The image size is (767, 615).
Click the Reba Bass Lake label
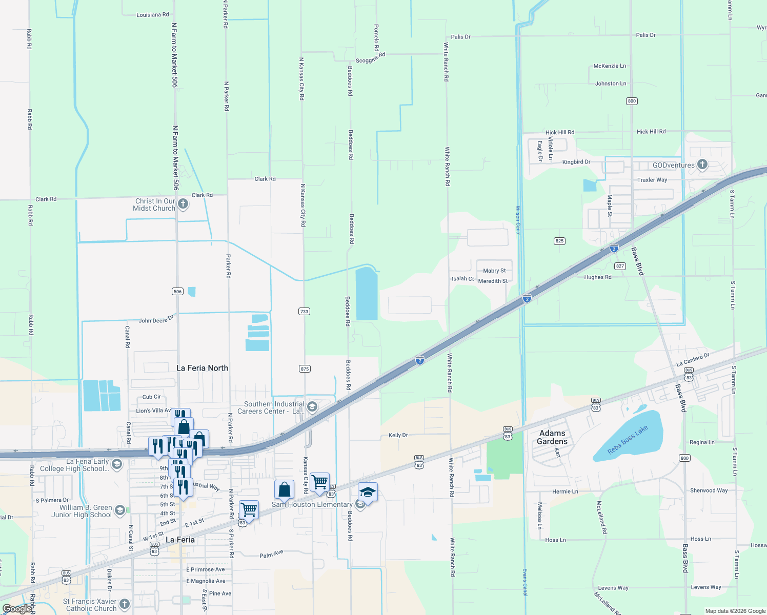[x=628, y=440]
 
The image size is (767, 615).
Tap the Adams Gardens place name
[x=552, y=437]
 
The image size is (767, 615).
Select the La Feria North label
[x=202, y=368]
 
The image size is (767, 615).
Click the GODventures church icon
[x=702, y=165]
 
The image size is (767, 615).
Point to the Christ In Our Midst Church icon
[x=183, y=204]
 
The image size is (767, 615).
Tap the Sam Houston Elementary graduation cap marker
[x=368, y=493]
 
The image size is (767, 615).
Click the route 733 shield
[x=304, y=311]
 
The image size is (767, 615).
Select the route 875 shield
[x=305, y=368]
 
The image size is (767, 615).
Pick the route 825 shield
[x=559, y=240]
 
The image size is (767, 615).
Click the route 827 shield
[x=620, y=266]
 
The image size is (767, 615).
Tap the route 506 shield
[x=177, y=291]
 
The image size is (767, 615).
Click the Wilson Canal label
[x=518, y=220]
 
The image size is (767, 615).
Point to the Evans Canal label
[x=524, y=582]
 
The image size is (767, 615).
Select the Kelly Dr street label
[x=398, y=435]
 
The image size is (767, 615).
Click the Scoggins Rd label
[x=370, y=58]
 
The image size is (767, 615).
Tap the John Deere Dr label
[x=156, y=320]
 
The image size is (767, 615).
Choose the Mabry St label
[x=494, y=271]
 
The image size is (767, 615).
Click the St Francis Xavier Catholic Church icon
[x=125, y=604]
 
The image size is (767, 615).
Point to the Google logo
[x=17, y=609]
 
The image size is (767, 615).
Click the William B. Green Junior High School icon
[x=120, y=510]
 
